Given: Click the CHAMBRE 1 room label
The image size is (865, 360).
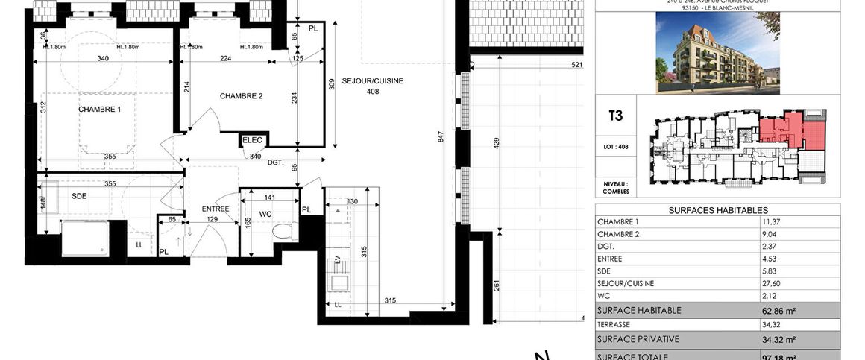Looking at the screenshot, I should click(99, 109).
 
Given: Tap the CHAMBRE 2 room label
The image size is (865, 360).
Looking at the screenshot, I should click(242, 96).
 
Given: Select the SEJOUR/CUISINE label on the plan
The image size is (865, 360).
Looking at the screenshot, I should click(373, 81).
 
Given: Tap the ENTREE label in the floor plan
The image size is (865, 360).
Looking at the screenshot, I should click(216, 209).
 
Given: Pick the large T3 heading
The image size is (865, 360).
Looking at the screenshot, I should click(616, 116).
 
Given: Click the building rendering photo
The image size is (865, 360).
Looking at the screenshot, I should click(717, 53).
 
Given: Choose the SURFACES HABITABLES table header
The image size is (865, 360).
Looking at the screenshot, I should click(717, 210).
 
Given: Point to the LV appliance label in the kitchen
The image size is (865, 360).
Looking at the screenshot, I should click(338, 259).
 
